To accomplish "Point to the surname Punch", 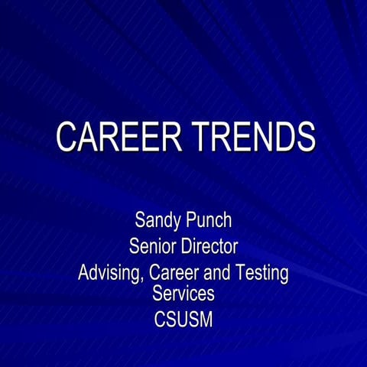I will click(209, 222).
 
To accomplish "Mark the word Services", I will click(183, 293).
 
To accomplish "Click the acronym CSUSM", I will click(183, 318).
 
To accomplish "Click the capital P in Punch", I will click(192, 222).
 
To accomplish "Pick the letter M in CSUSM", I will click(205, 318).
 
